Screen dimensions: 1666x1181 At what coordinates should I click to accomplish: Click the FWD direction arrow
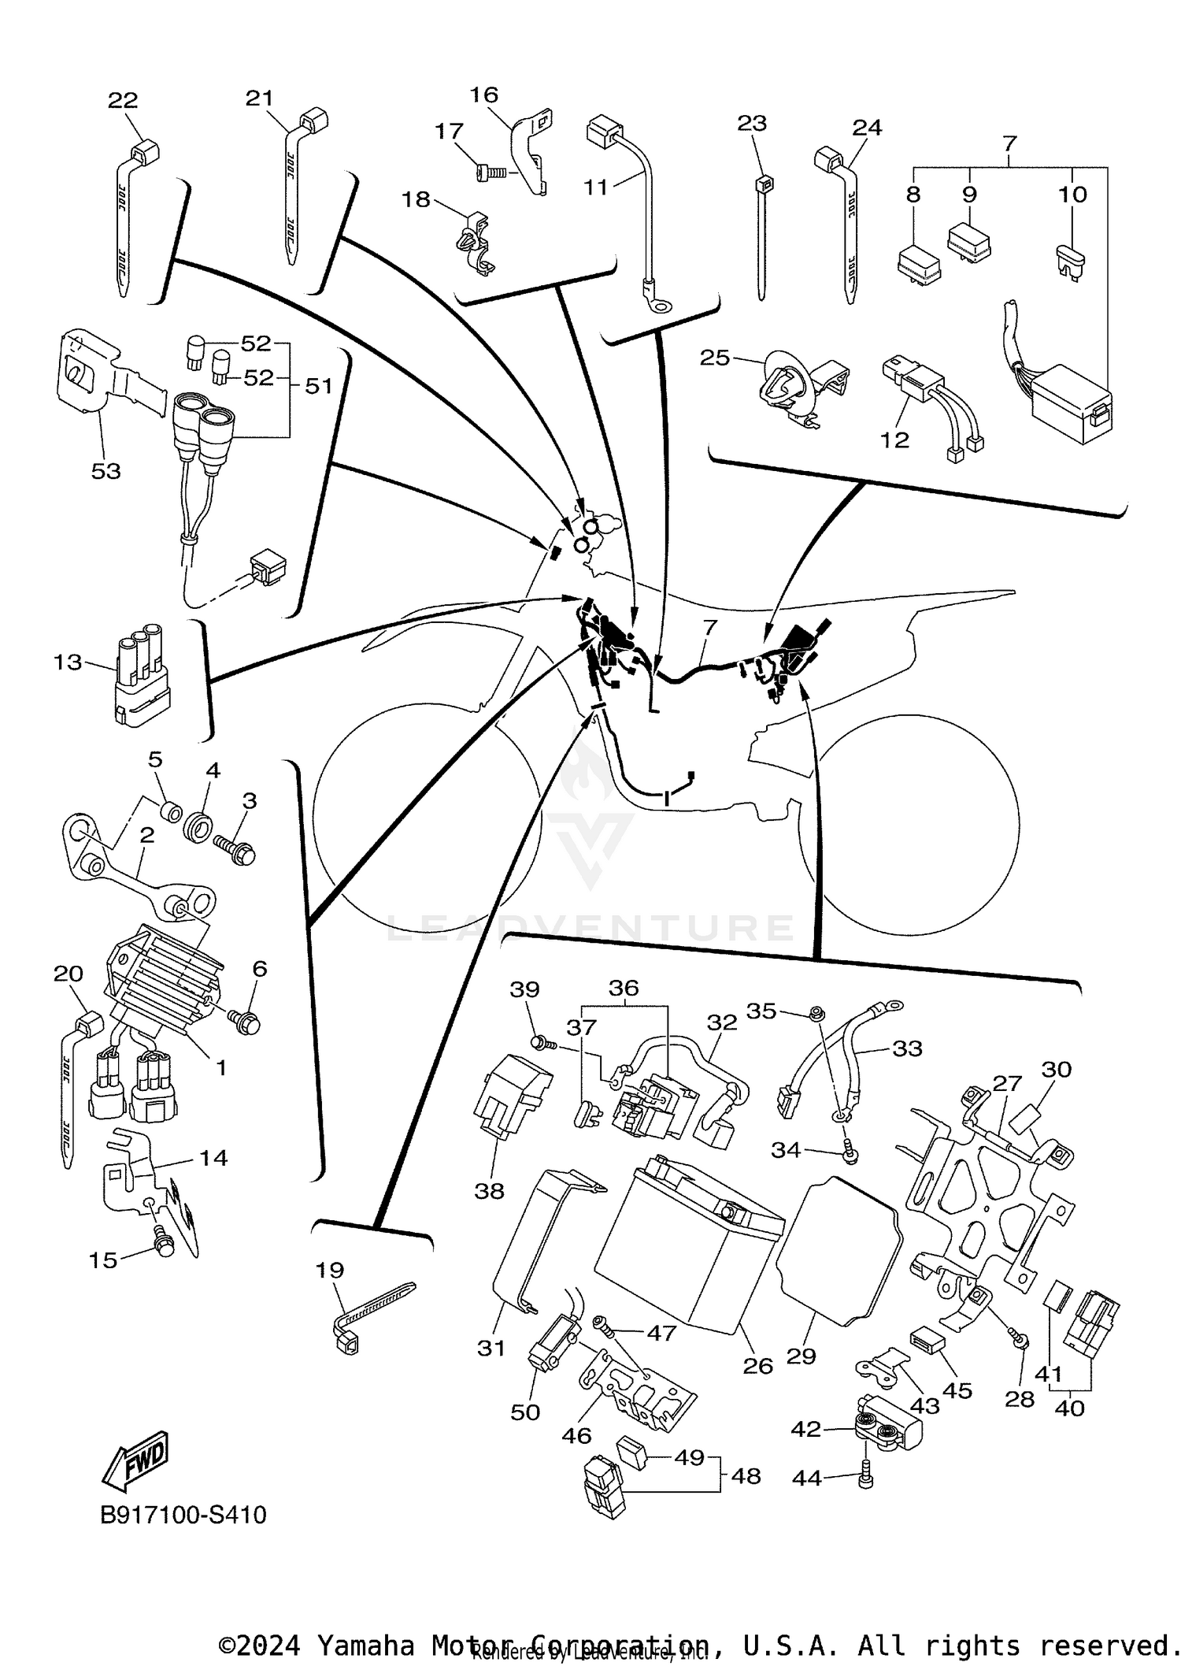point(135,1460)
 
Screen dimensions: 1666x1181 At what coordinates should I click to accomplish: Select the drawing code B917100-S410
point(183,1515)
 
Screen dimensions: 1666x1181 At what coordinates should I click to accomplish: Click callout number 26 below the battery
point(757,1365)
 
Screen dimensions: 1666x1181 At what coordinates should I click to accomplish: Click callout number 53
point(106,471)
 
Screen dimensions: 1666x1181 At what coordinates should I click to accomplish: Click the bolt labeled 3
point(235,849)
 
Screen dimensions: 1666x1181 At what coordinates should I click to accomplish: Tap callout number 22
point(123,100)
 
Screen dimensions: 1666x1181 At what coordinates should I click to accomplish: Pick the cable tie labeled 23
point(761,236)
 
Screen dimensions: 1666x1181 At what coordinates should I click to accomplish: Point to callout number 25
point(715,358)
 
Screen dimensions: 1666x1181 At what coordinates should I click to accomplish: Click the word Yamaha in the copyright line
point(365,1646)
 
